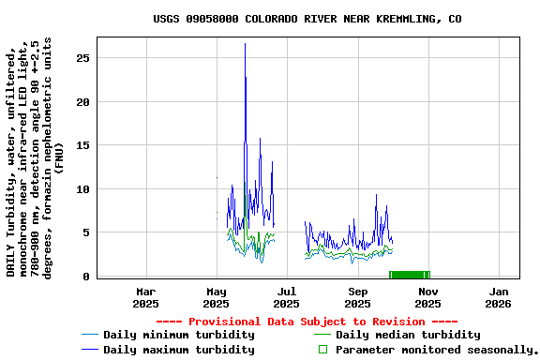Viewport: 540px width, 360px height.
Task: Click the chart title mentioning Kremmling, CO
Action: (x=307, y=19)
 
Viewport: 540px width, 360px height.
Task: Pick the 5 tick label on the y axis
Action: (x=85, y=233)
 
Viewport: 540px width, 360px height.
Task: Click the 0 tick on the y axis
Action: (x=85, y=277)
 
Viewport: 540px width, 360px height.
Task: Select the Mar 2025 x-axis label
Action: (x=145, y=297)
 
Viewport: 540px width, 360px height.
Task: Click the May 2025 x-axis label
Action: (x=216, y=297)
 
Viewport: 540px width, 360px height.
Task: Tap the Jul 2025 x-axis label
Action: (x=286, y=297)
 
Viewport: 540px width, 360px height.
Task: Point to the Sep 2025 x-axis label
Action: (x=357, y=297)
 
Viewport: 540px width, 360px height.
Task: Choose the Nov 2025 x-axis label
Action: (x=427, y=297)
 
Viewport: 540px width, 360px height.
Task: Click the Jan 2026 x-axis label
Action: (x=498, y=297)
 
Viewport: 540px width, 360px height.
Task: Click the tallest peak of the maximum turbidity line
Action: (x=245, y=44)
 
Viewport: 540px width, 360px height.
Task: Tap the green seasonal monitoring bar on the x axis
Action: (x=409, y=275)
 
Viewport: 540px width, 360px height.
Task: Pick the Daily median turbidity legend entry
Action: (x=408, y=335)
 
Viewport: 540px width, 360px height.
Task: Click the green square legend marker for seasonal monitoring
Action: (x=322, y=350)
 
